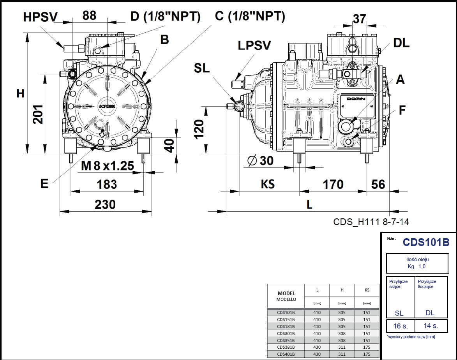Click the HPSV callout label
(40, 17)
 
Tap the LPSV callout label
(254, 45)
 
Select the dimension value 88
(89, 15)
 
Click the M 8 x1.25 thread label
(108, 166)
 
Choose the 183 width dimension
(106, 184)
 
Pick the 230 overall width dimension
(105, 204)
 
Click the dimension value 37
(359, 19)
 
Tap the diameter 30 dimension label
(261, 160)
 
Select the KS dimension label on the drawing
(268, 184)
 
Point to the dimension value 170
(333, 184)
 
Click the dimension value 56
(378, 184)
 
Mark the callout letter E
(44, 184)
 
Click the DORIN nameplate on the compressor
(356, 99)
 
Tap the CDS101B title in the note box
(426, 242)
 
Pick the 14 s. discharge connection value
(430, 326)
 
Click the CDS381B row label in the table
(286, 347)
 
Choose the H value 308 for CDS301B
(342, 333)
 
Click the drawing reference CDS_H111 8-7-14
(371, 221)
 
